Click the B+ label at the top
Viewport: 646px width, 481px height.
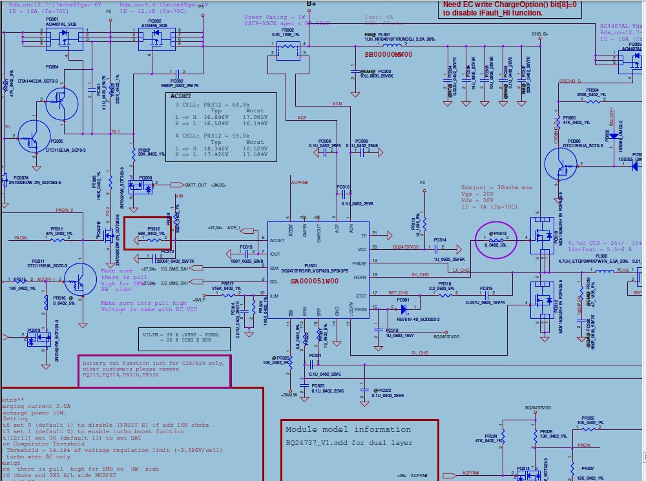(x=311, y=4)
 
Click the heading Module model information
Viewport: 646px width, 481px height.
(x=348, y=429)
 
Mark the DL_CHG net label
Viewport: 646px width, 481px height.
(x=420, y=353)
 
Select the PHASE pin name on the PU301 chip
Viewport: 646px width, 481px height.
(x=359, y=263)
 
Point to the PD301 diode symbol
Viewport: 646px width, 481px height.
(x=404, y=309)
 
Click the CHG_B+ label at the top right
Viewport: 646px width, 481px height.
(x=540, y=34)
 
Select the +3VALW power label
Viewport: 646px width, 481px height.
(x=289, y=394)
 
